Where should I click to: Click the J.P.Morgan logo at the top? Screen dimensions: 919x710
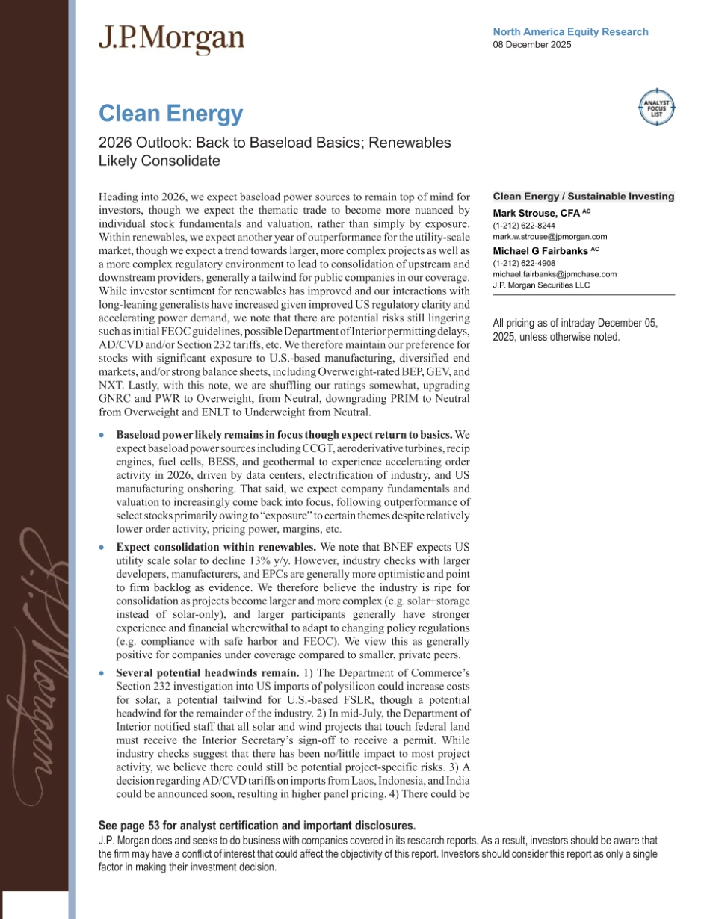(x=171, y=39)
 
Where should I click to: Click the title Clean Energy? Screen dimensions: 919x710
(x=171, y=114)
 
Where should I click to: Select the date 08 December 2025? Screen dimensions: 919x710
(x=532, y=45)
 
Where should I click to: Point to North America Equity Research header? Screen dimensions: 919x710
(x=570, y=32)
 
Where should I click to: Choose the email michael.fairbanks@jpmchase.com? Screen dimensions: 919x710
(x=555, y=274)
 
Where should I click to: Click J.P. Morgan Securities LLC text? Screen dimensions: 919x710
(x=541, y=285)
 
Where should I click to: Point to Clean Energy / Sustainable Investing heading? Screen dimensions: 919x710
(x=584, y=197)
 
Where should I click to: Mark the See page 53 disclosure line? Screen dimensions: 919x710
(x=256, y=826)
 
